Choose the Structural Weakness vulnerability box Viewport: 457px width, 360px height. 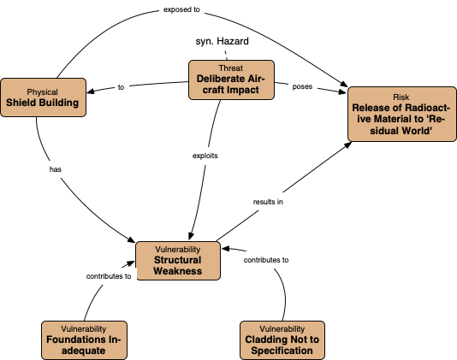pyautogui.click(x=178, y=260)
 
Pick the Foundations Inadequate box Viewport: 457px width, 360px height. pyautogui.click(x=84, y=339)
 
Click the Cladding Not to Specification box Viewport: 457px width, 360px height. pyautogui.click(x=282, y=339)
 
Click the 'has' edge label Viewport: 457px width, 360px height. pyautogui.click(x=56, y=168)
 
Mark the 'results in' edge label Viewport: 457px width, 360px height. pyautogui.click(x=268, y=202)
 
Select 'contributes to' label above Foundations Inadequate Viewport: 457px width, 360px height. pyautogui.click(x=109, y=276)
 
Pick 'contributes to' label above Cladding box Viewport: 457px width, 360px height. pyautogui.click(x=266, y=258)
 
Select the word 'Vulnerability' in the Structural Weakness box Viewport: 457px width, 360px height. pyautogui.click(x=178, y=249)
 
